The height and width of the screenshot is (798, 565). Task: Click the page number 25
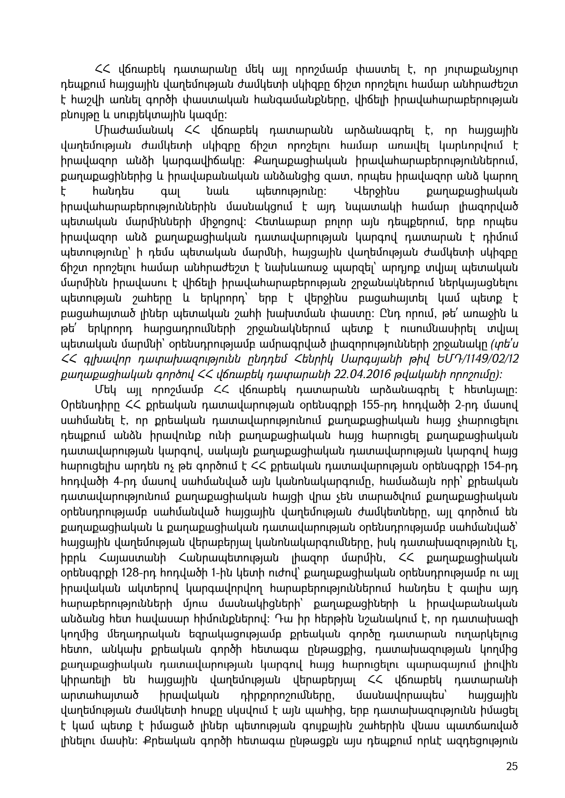pos(512,766)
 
